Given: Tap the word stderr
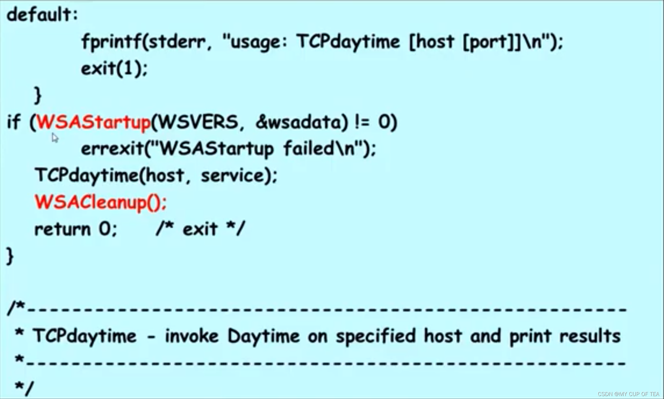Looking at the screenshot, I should (x=176, y=42).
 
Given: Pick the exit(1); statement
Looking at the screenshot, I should (x=114, y=69).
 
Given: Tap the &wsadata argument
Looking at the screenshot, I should (x=298, y=122).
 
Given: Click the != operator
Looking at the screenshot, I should (x=362, y=122).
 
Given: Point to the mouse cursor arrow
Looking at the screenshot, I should (x=55, y=137).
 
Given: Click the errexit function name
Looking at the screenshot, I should (x=112, y=149).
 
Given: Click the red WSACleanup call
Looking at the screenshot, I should (x=100, y=203).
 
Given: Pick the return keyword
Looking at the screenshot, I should (x=62, y=229).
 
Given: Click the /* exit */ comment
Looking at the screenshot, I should (x=200, y=229).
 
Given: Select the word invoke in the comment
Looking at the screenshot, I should (x=191, y=336).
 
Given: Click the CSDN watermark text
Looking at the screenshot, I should (x=628, y=394).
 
